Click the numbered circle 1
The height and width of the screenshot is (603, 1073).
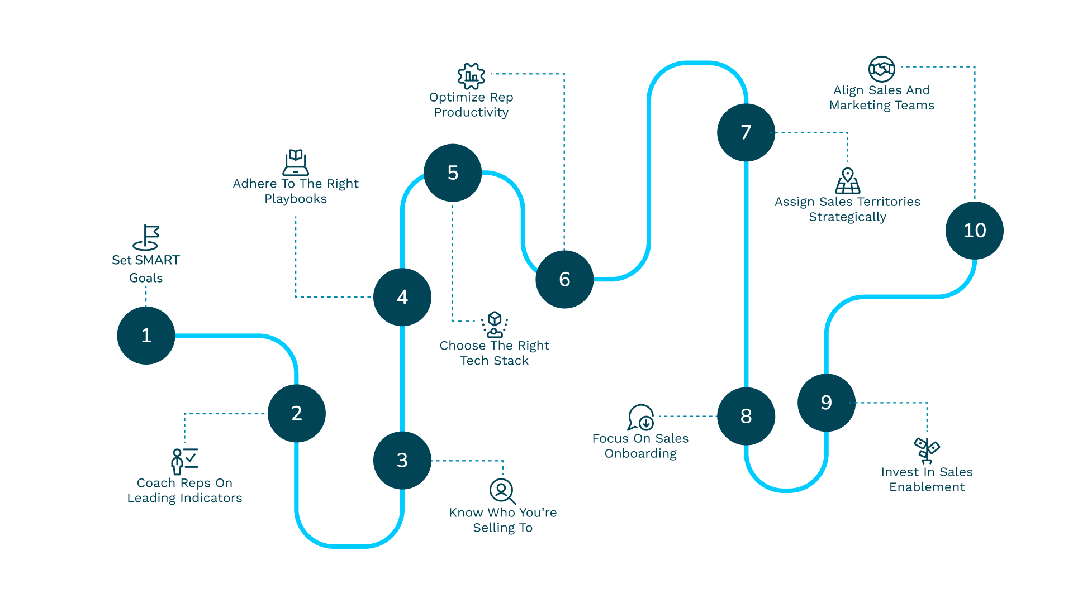click(x=146, y=336)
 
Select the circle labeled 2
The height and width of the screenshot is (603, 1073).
click(x=297, y=413)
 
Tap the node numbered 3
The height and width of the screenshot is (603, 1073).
click(x=402, y=460)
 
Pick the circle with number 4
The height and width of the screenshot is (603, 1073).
click(x=402, y=297)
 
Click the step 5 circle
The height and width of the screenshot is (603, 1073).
click(x=453, y=173)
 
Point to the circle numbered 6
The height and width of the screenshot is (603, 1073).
click(x=564, y=279)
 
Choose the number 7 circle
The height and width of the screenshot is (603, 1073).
click(x=746, y=132)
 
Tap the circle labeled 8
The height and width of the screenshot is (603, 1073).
click(x=746, y=416)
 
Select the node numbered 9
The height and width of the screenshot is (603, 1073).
click(x=827, y=403)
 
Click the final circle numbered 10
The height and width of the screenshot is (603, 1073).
click(x=975, y=231)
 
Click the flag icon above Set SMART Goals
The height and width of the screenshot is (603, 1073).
click(x=146, y=237)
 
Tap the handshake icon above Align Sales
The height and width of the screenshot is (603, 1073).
click(x=881, y=69)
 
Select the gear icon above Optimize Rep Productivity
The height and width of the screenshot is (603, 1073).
click(x=471, y=76)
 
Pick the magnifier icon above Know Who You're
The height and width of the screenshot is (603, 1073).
click(x=502, y=491)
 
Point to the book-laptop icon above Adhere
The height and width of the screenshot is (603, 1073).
click(x=296, y=162)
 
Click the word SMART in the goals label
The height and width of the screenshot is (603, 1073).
click(x=157, y=260)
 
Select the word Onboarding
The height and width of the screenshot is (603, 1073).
click(x=640, y=454)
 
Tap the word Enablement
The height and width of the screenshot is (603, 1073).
click(x=927, y=487)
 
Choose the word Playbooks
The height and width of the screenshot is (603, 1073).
click(x=296, y=199)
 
